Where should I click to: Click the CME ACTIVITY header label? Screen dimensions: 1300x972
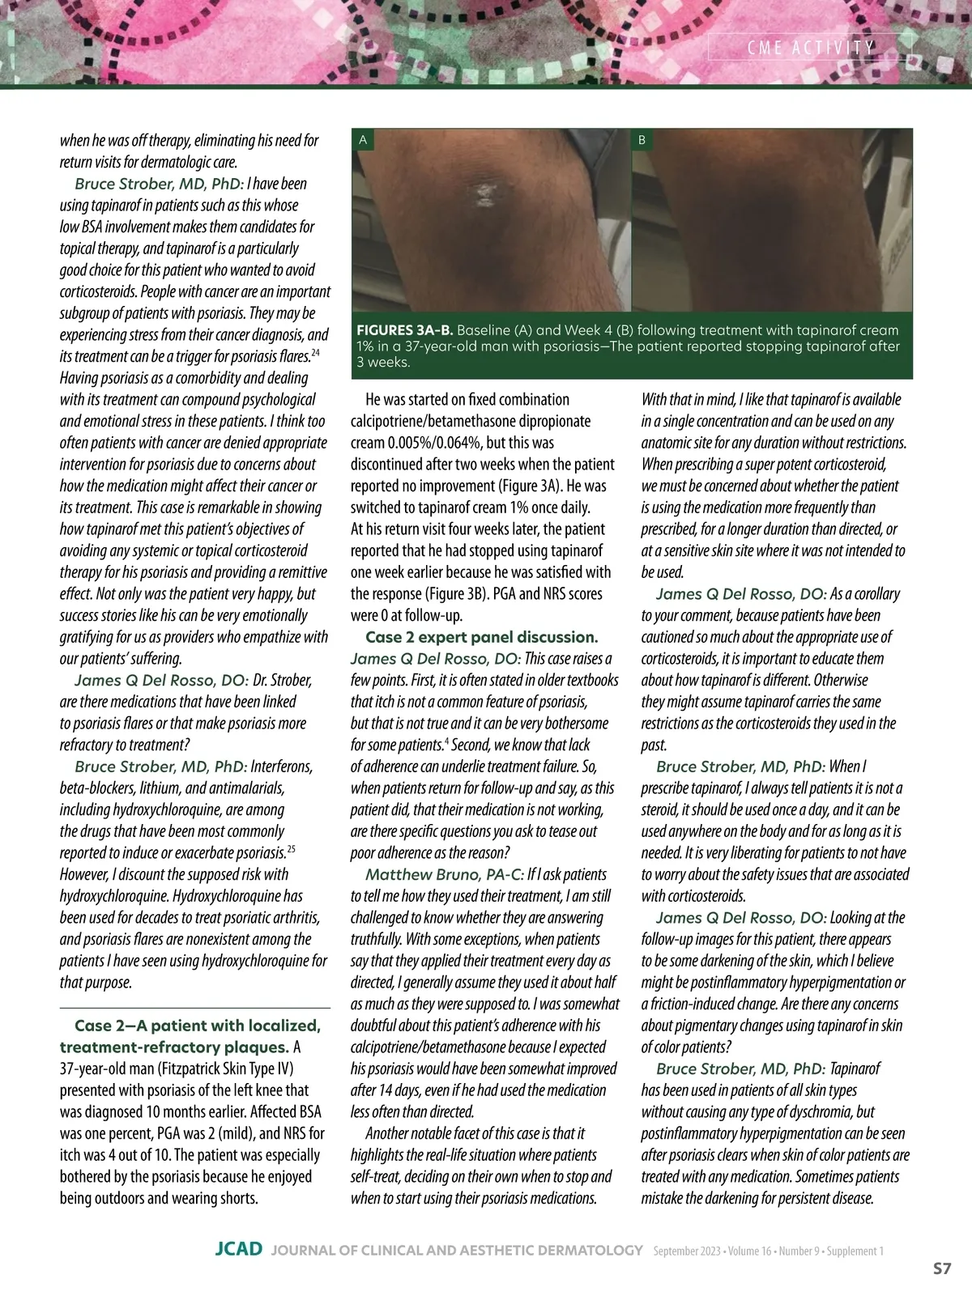point(810,48)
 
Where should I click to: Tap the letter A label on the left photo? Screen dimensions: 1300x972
point(363,140)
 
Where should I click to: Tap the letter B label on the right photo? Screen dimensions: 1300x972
point(642,140)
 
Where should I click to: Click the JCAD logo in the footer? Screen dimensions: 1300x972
point(238,1250)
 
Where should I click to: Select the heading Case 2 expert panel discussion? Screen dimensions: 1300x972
point(481,637)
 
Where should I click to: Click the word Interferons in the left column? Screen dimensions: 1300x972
point(281,767)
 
